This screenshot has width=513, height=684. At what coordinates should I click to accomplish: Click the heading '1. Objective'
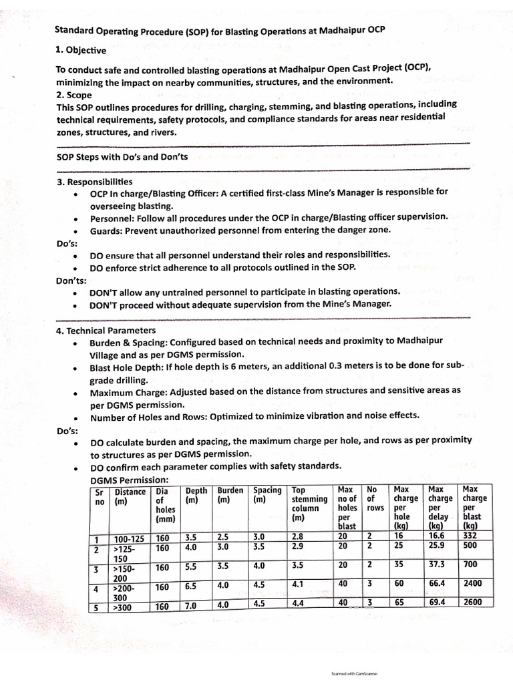(x=80, y=49)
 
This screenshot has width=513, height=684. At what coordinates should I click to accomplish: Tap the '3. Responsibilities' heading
(x=94, y=182)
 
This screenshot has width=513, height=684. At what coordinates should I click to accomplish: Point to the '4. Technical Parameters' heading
(x=106, y=331)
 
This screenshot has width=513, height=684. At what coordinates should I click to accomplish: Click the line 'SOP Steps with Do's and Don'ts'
(x=122, y=157)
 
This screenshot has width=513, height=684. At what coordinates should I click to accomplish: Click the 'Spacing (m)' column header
(x=267, y=495)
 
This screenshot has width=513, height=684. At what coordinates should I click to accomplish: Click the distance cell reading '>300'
(x=123, y=607)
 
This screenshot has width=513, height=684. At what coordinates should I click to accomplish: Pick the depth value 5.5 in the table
(x=190, y=567)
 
